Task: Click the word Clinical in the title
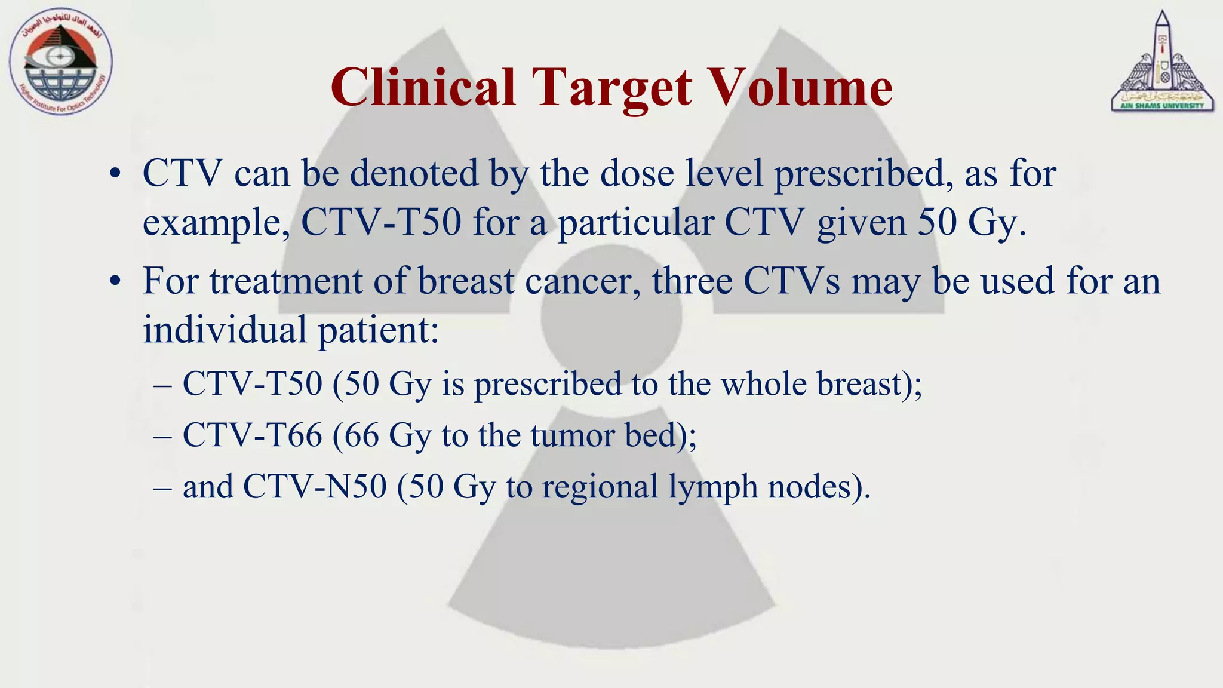(423, 88)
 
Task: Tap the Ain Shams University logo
(1162, 63)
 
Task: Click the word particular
(635, 223)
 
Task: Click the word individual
(225, 329)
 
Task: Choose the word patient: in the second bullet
(379, 330)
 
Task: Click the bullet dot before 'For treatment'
(116, 282)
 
